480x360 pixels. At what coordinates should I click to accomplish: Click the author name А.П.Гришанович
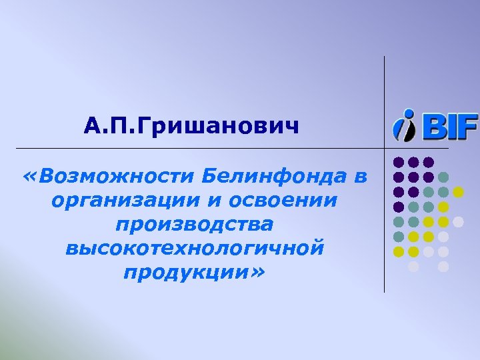point(192,125)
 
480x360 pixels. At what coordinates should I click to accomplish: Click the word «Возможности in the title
point(109,177)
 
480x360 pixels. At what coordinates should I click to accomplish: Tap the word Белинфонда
point(274,177)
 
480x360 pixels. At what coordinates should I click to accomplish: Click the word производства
point(194,225)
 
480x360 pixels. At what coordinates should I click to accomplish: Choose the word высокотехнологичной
point(195,249)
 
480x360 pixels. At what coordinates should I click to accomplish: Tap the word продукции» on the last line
point(194,273)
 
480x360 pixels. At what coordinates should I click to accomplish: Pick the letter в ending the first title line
point(361,177)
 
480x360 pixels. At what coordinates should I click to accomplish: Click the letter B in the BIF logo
point(433,126)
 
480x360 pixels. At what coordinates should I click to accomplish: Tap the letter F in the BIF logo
point(469,126)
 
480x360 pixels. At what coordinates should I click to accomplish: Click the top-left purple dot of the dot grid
point(399,162)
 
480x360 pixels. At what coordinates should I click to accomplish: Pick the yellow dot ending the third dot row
point(459,192)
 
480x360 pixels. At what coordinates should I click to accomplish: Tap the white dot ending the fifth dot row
point(459,221)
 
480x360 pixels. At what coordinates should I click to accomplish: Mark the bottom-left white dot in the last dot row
point(414,267)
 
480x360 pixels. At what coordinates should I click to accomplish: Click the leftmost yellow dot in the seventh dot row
point(399,251)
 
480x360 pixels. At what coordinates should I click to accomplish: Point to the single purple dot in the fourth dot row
point(399,207)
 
